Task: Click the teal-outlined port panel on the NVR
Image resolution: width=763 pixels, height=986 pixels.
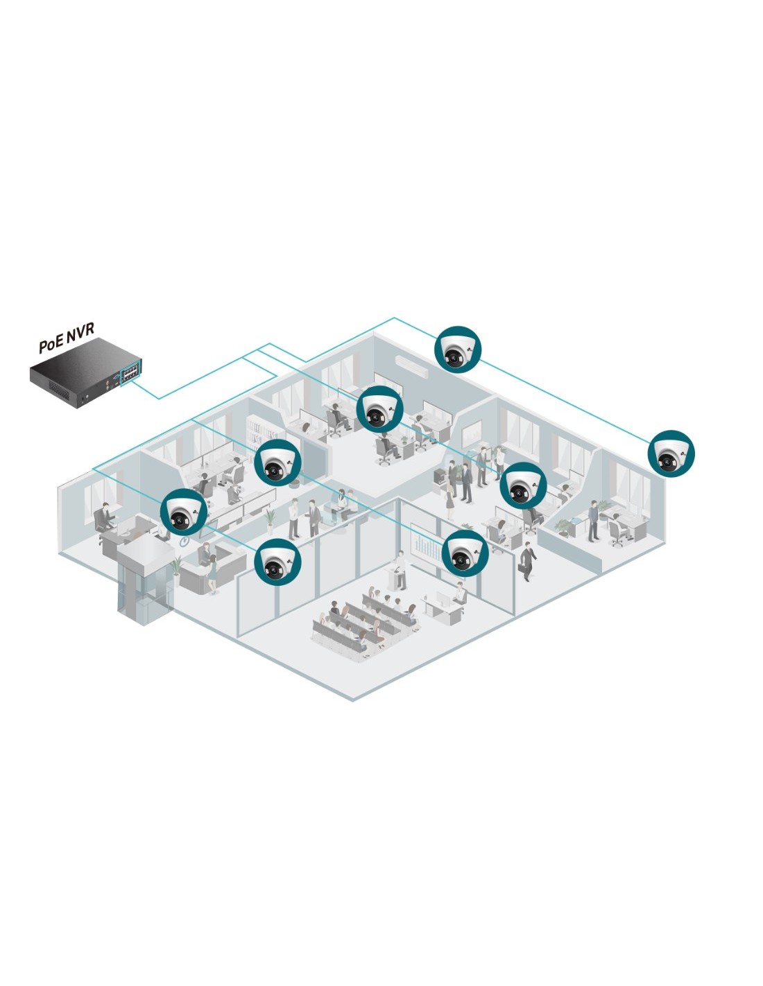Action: point(130,372)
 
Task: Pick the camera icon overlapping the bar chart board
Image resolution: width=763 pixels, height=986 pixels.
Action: point(465,553)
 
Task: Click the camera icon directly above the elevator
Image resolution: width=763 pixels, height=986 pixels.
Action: point(184,512)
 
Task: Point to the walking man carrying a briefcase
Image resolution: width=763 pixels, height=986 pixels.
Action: point(527,560)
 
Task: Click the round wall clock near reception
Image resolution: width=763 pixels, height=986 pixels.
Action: point(184,542)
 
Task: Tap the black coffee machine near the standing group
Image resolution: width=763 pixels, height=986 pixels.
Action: point(440,476)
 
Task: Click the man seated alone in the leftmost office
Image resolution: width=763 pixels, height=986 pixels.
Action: point(104,517)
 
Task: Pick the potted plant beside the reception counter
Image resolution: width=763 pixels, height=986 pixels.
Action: point(177,567)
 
